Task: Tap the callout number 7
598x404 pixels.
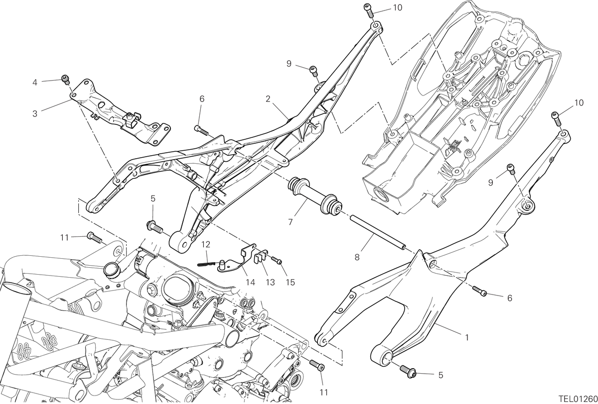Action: point(291,222)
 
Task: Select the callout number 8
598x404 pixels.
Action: point(357,257)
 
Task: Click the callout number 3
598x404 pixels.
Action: point(35,113)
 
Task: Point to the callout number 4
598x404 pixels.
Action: point(35,83)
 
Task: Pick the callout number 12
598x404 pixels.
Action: point(206,244)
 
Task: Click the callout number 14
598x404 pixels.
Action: point(250,282)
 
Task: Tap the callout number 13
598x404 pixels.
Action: point(270,282)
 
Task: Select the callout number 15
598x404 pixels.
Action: point(290,282)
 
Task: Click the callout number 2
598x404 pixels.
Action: point(268,99)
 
